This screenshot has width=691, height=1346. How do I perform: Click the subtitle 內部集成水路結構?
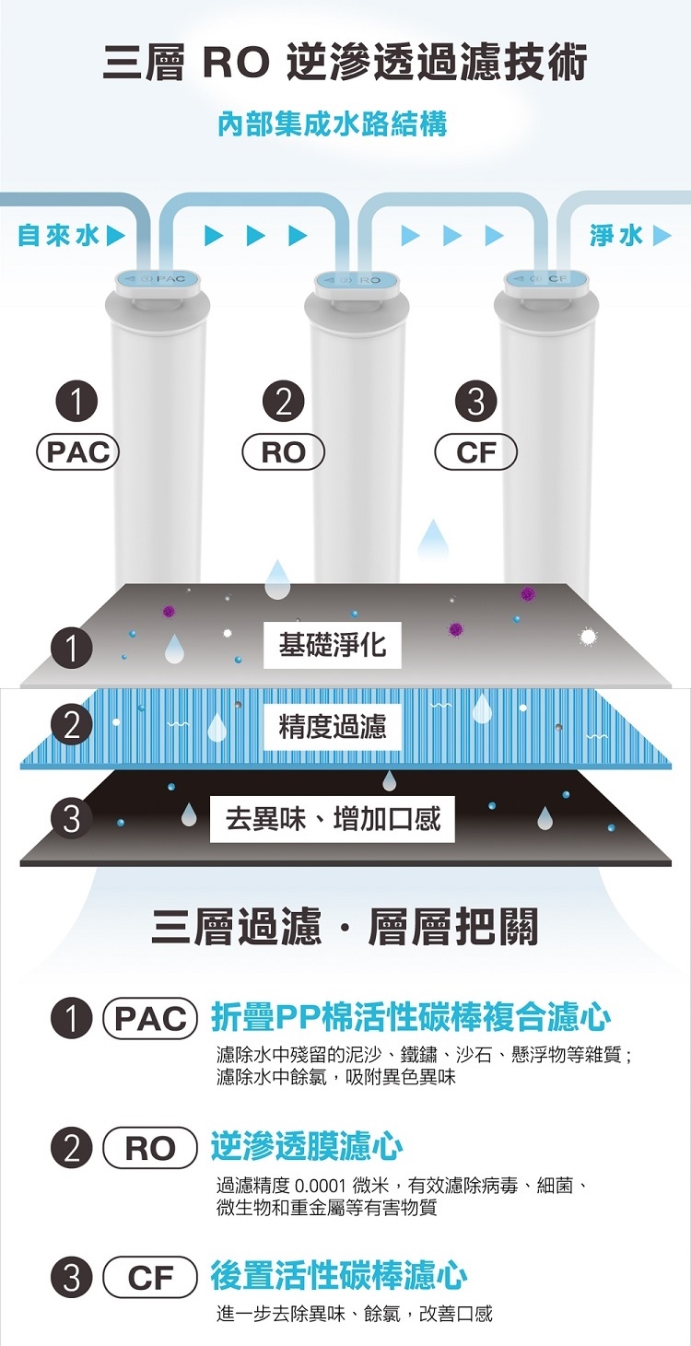pos(333,123)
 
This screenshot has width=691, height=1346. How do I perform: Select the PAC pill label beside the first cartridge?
pos(77,452)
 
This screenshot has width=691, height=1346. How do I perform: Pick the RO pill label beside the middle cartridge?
pos(283,452)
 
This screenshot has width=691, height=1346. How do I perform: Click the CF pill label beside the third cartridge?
pos(475,452)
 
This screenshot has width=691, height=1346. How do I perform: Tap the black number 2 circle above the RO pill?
pos(283,403)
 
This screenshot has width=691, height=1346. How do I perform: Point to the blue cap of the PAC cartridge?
pos(155,278)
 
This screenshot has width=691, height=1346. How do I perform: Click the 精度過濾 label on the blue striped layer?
pos(333,727)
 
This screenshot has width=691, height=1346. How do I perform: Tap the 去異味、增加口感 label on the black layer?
pos(333,817)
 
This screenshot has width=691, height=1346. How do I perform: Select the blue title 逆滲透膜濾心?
pos(306,1147)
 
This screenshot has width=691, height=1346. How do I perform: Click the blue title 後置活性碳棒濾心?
pos(338,1276)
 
